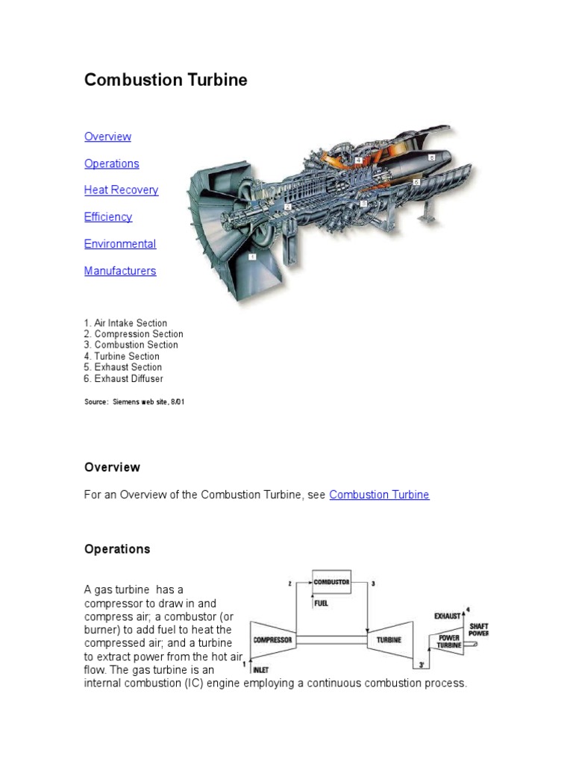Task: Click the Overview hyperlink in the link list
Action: tap(107, 137)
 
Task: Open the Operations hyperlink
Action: tap(111, 163)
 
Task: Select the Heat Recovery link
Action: tap(121, 190)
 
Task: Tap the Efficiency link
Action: tap(108, 217)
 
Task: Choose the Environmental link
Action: tap(120, 244)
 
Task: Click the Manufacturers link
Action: tap(120, 271)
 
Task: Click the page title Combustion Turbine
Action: tap(166, 80)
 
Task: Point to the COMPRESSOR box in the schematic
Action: tap(272, 639)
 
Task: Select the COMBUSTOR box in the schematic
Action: tap(331, 581)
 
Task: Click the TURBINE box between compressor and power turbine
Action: tap(389, 639)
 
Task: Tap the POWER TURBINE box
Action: tap(449, 641)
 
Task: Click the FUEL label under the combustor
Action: tap(321, 603)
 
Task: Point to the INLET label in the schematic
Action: tap(261, 669)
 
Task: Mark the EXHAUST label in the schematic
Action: tap(448, 616)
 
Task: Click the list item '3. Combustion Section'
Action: tap(131, 345)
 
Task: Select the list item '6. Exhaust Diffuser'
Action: tap(123, 378)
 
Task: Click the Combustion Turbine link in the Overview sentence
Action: tap(379, 495)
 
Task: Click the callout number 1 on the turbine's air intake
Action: tap(252, 256)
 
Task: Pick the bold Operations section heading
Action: tap(117, 549)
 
